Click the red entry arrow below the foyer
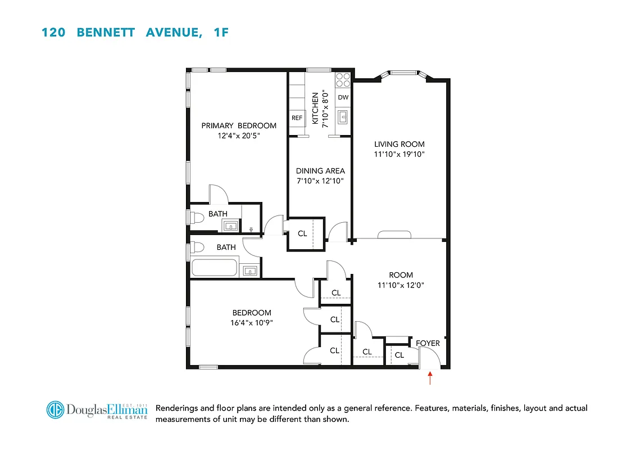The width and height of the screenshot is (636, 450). pos(430,377)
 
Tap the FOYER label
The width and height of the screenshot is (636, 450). pos(428,343)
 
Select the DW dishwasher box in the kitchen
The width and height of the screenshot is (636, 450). pos(343,97)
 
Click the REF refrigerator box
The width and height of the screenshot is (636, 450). pos(297,118)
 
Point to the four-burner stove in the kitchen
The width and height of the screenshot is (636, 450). pos(343,80)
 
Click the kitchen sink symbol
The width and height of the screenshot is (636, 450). pos(343,117)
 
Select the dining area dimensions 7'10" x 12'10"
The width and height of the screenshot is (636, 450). pos(320,181)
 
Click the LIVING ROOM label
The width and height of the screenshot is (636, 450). pos(399,144)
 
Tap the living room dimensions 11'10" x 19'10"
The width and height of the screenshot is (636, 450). pos(399,154)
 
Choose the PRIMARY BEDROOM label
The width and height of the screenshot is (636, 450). pos(239,125)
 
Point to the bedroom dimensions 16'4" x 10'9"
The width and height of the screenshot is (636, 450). pos(252,323)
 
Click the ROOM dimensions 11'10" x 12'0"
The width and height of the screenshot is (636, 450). pos(401,285)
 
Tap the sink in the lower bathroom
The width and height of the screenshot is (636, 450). pos(250,271)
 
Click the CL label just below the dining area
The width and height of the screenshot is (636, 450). pos(302,233)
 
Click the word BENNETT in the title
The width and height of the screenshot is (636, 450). pos(106,33)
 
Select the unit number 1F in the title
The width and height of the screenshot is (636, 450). pos(221,33)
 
